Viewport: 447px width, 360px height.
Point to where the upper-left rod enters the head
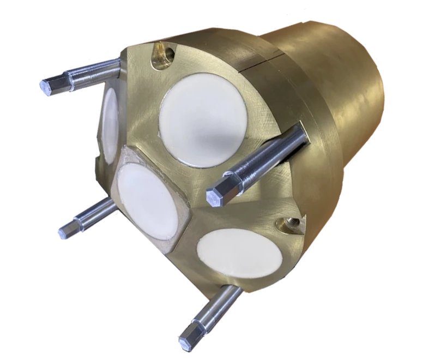click(x=117, y=64)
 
